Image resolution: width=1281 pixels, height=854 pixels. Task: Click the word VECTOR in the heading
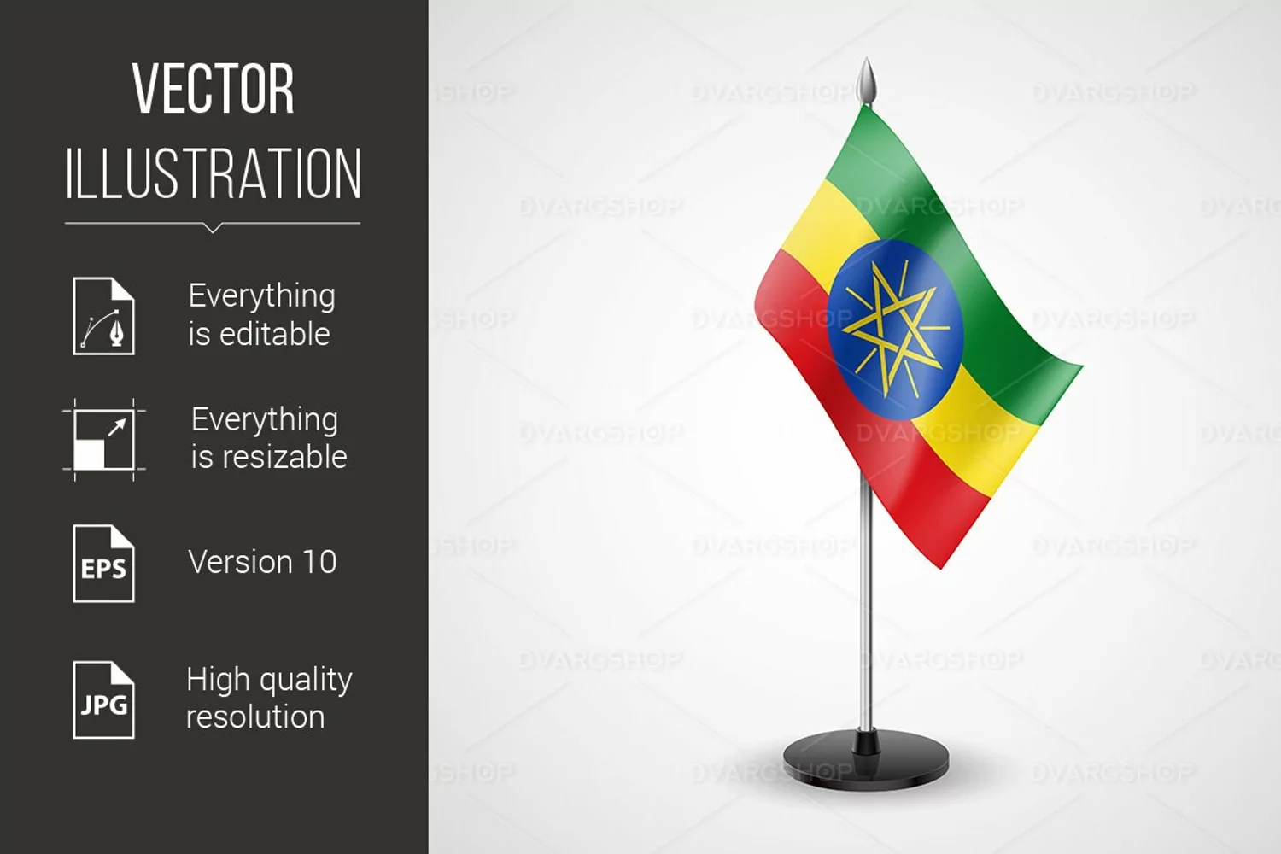(x=213, y=89)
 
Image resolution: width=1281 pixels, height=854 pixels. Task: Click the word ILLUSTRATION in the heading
(x=213, y=173)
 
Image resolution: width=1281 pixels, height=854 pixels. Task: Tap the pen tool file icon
(x=104, y=316)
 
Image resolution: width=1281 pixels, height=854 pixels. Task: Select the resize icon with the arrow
(x=104, y=440)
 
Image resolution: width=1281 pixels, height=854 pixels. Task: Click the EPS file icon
(x=104, y=564)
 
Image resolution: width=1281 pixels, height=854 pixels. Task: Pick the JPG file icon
(x=104, y=699)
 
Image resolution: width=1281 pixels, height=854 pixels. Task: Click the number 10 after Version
(x=319, y=562)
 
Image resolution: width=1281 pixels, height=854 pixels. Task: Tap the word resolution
(x=255, y=717)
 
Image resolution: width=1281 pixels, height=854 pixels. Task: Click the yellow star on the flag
(x=895, y=329)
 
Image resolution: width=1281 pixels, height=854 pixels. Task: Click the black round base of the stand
(x=866, y=760)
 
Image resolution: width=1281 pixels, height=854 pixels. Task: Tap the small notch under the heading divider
(x=212, y=228)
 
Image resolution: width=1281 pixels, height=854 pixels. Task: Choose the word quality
(x=306, y=681)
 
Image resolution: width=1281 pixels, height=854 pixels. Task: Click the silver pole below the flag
(x=867, y=600)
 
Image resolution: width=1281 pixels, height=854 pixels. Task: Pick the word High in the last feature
(x=219, y=681)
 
